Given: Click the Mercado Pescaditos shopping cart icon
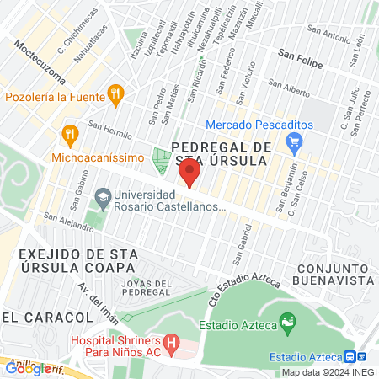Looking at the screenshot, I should coord(294,143).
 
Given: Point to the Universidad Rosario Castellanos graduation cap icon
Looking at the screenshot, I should coord(103,200).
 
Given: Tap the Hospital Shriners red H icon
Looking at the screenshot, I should coord(172,343).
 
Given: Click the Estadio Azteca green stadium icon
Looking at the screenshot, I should coord(288,322).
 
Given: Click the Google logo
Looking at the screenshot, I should coord(27,368).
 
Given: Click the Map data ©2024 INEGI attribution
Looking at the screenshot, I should coord(328,372).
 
